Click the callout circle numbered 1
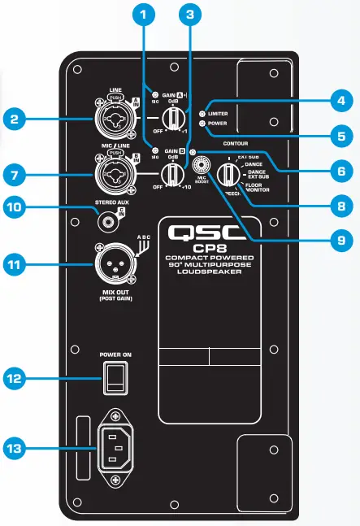pyautogui.click(x=143, y=15)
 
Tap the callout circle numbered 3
pyautogui.click(x=189, y=15)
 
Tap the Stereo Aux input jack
pyautogui.click(x=107, y=218)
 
